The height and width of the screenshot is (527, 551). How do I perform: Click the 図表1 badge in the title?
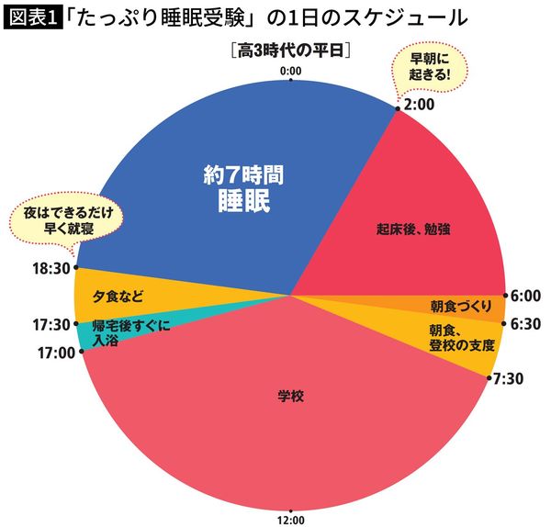tap(29, 17)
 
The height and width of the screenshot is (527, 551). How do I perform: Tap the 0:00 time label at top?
tap(290, 70)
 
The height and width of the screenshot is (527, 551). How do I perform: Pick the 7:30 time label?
tap(510, 377)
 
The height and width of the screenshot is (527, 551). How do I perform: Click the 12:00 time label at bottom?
tap(290, 519)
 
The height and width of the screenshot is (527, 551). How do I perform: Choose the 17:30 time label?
tap(51, 323)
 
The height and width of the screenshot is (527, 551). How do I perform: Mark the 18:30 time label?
tap(51, 268)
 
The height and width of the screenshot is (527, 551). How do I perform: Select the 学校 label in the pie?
tap(290, 398)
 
